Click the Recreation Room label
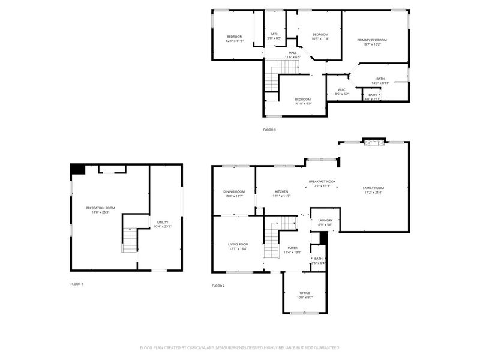[x=100, y=208]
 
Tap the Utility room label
[x=163, y=222]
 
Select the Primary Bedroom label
[x=372, y=40]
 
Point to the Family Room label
[x=373, y=188]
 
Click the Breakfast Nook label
[x=322, y=181]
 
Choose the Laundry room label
[x=325, y=220]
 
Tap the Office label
[x=305, y=293]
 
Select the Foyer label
[x=292, y=247]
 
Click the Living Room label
[x=238, y=244]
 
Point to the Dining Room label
[x=234, y=191]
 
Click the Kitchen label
[x=281, y=191]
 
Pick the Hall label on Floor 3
[x=293, y=53]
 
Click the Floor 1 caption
[x=77, y=284]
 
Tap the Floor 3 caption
[x=269, y=130]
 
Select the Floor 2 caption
[x=218, y=286]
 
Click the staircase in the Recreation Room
[x=130, y=240]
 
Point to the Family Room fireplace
[x=374, y=142]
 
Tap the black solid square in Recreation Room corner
[x=77, y=169]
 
